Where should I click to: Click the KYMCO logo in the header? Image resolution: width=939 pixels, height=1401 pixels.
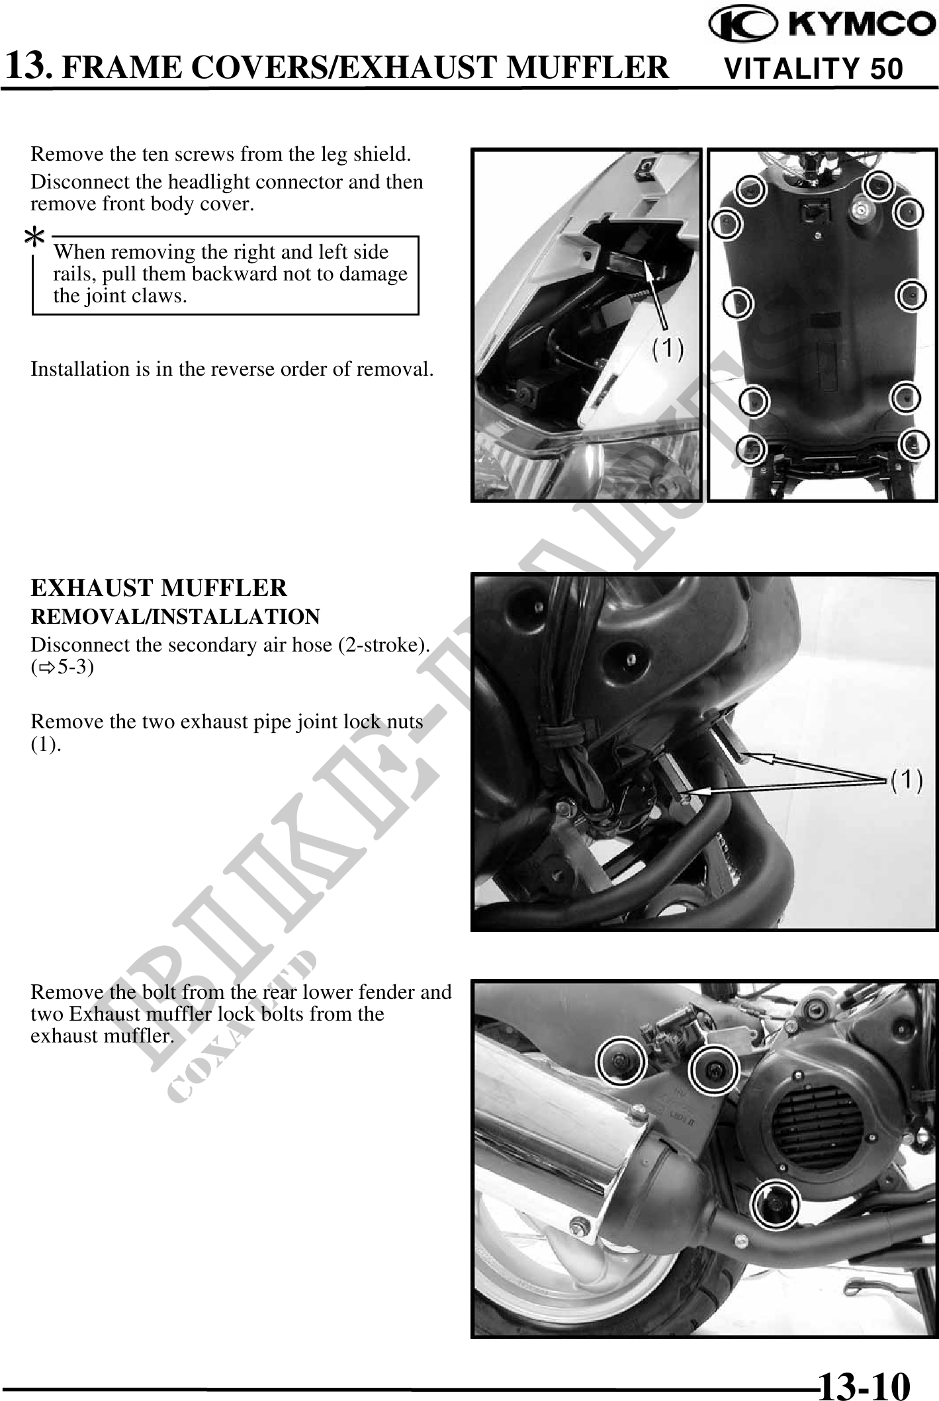click(x=823, y=26)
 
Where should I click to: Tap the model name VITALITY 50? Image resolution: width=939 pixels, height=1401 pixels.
click(x=814, y=69)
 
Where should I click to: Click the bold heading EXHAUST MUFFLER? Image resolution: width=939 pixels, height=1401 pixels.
click(x=159, y=587)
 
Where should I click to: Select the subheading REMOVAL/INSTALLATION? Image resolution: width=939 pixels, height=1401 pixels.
click(x=175, y=616)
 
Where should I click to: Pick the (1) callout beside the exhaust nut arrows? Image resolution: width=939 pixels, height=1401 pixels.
click(x=907, y=781)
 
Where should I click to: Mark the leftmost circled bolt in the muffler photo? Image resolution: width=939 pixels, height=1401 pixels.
click(x=621, y=1062)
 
